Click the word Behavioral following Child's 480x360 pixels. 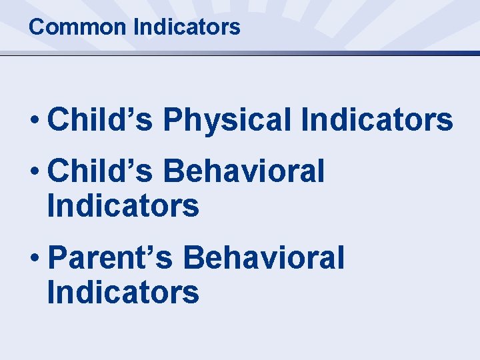click(x=244, y=171)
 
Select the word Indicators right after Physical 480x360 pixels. click(x=377, y=121)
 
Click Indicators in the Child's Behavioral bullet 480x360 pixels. click(x=123, y=206)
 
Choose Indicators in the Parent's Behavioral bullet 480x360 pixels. click(x=123, y=293)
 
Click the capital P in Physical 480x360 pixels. click(x=172, y=121)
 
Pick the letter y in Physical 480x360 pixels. click(x=207, y=124)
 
